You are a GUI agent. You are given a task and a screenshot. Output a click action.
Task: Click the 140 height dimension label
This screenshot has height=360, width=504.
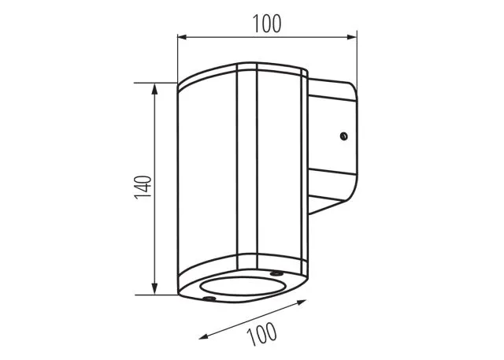143,187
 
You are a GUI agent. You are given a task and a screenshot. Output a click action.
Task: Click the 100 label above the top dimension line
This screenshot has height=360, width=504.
267,24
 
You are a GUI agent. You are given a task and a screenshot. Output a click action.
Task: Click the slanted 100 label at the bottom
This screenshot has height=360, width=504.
261,334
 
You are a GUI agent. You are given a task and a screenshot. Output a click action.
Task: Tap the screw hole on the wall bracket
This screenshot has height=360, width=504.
343,136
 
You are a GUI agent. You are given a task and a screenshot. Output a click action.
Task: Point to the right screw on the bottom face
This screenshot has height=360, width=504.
276,273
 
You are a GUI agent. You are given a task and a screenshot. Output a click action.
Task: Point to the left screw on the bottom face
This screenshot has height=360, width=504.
209,299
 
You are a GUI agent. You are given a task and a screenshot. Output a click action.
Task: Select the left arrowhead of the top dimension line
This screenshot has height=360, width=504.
182,37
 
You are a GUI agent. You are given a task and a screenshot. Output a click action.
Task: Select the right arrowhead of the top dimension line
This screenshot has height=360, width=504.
352,37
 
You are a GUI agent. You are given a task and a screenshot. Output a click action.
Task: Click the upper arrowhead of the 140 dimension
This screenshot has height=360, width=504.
154,89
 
